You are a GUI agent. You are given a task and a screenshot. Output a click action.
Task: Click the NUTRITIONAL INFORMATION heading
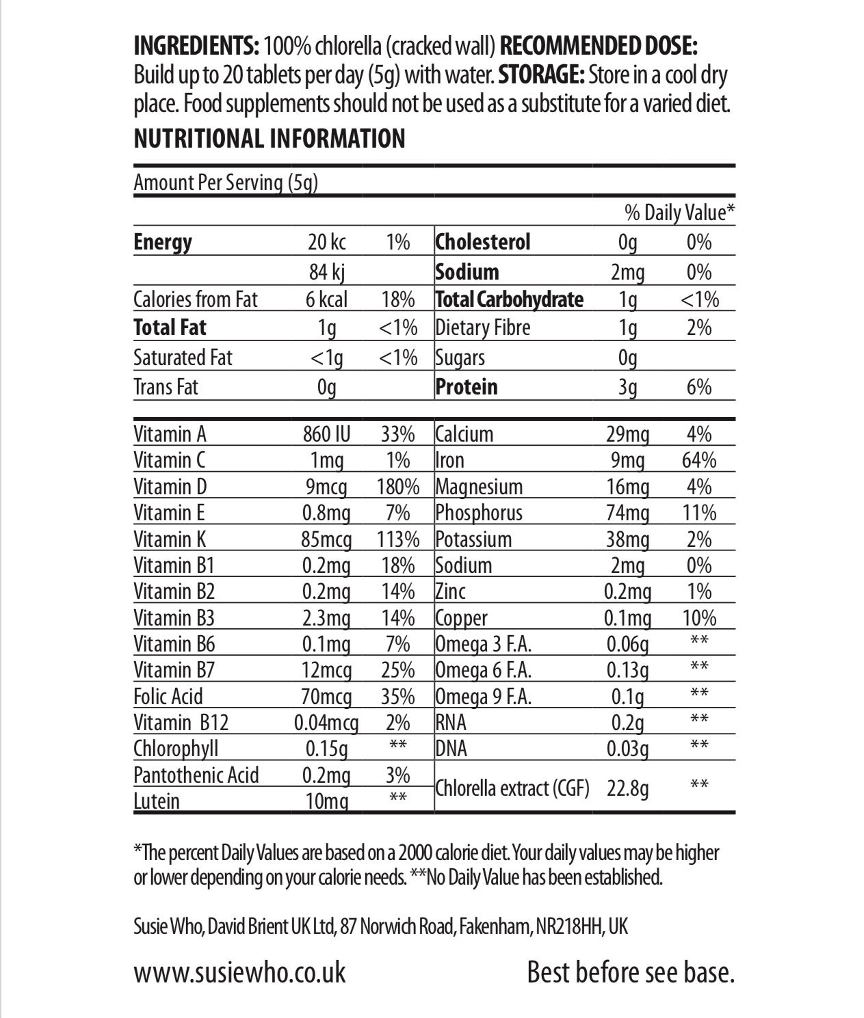(x=270, y=139)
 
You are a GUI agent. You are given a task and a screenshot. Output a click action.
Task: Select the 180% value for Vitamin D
(x=397, y=487)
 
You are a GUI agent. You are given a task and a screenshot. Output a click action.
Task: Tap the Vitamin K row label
(x=170, y=539)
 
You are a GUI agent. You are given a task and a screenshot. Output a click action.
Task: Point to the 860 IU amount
(x=326, y=434)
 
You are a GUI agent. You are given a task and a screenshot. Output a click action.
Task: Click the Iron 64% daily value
(x=698, y=460)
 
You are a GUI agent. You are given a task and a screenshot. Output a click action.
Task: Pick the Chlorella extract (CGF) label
(x=512, y=788)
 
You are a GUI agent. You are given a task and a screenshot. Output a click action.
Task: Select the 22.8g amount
(x=628, y=789)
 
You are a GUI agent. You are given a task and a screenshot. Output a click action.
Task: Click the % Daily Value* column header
(x=679, y=213)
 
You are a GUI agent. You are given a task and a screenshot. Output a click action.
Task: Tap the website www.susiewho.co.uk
(x=239, y=972)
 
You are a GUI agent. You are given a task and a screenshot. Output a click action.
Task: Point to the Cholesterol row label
(x=483, y=242)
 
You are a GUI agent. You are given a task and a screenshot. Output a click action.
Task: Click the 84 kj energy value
(x=326, y=272)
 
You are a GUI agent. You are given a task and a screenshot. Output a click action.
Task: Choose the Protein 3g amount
(x=627, y=387)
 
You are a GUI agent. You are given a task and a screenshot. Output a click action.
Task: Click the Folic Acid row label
(x=168, y=697)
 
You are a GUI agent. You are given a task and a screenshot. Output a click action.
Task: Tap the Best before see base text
(x=630, y=972)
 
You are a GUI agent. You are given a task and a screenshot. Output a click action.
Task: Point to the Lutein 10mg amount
(x=326, y=801)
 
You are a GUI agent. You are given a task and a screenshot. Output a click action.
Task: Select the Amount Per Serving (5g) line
(x=226, y=183)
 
